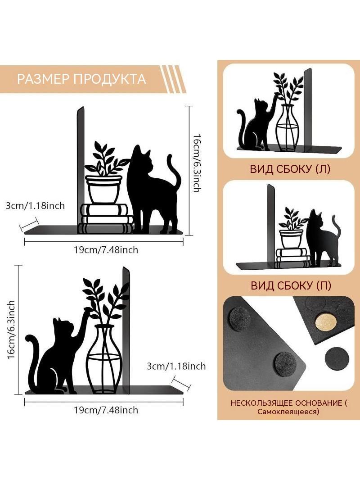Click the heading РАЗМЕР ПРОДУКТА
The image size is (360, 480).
pyautogui.click(x=81, y=79)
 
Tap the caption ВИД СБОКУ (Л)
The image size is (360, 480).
pyautogui.click(x=290, y=169)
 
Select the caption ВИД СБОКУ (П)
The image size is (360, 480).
pyautogui.click(x=291, y=285)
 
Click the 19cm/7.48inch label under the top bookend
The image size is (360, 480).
pyautogui.click(x=106, y=250)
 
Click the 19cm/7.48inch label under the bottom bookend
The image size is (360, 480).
pyautogui.click(x=106, y=410)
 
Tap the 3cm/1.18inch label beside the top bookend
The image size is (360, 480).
pyautogui.click(x=35, y=205)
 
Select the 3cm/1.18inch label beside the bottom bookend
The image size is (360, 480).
pyautogui.click(x=176, y=366)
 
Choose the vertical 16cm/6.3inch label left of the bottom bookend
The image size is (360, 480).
pyautogui.click(x=11, y=330)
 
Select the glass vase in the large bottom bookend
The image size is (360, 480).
pyautogui.click(x=104, y=359)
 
